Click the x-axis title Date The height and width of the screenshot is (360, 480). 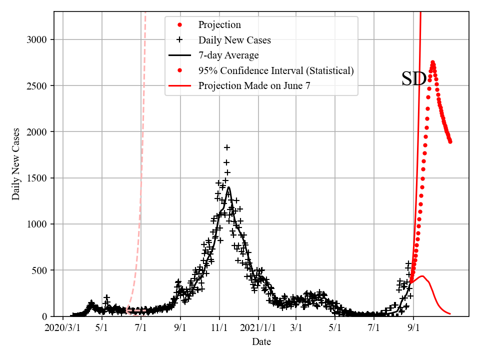click(x=261, y=342)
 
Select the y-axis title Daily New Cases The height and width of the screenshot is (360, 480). click(x=16, y=164)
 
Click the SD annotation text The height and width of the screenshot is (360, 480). click(x=414, y=79)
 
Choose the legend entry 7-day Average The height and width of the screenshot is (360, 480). click(x=228, y=55)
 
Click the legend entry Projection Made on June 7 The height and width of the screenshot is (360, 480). click(x=254, y=85)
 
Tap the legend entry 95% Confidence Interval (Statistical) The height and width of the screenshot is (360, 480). click(x=276, y=70)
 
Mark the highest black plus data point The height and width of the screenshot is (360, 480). click(x=227, y=147)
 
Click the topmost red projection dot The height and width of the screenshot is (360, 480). click(x=432, y=62)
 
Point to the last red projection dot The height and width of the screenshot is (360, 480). click(x=450, y=141)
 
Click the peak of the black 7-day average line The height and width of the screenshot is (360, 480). click(x=228, y=187)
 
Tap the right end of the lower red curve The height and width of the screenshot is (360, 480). click(x=450, y=313)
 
